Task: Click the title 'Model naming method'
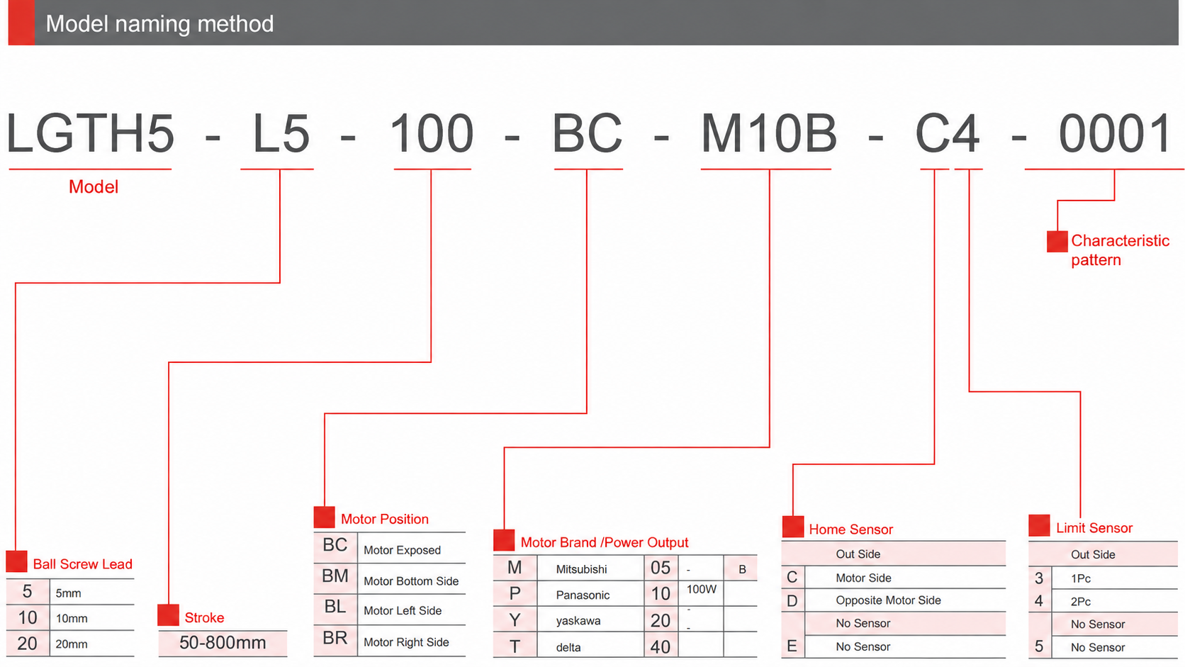click(x=159, y=24)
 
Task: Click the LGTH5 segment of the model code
click(x=90, y=133)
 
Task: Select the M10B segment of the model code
click(x=769, y=133)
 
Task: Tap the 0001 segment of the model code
click(x=1114, y=133)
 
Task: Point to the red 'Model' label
click(x=93, y=186)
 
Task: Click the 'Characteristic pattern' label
click(x=1120, y=250)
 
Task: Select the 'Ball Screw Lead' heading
click(x=82, y=564)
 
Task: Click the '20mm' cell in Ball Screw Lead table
click(x=72, y=644)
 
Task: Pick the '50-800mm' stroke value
click(x=223, y=643)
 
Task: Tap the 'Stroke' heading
click(x=204, y=617)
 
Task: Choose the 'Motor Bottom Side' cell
click(x=411, y=581)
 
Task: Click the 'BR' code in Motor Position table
click(x=335, y=638)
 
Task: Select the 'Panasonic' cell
click(x=583, y=595)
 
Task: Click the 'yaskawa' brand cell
click(x=578, y=621)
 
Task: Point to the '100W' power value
click(x=702, y=589)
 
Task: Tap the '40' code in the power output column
click(x=661, y=646)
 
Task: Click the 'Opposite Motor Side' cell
click(x=888, y=600)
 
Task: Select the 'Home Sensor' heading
click(x=850, y=529)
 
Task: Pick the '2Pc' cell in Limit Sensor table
click(x=1080, y=601)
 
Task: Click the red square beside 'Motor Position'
click(x=325, y=517)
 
